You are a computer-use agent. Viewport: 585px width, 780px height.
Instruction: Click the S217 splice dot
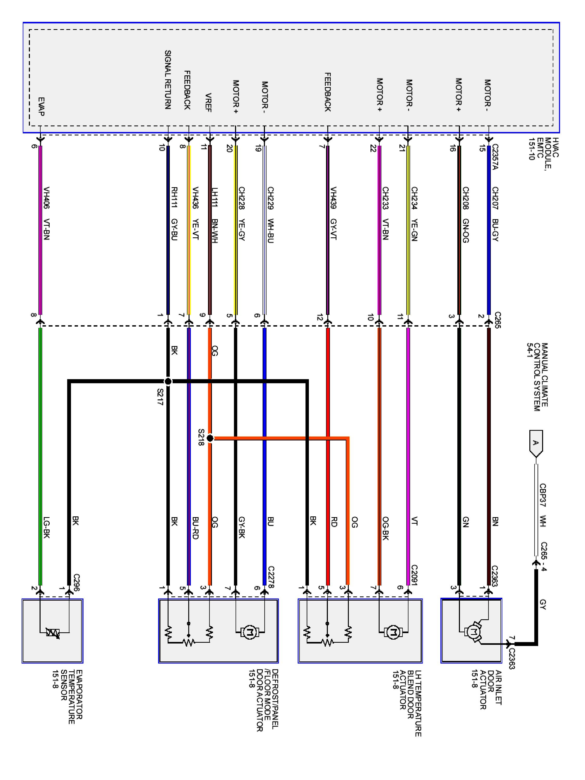click(x=168, y=381)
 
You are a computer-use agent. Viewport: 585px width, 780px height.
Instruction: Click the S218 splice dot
click(x=210, y=438)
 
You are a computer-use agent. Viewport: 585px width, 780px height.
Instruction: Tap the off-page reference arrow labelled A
click(x=536, y=443)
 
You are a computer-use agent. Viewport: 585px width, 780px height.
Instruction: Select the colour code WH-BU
click(x=270, y=231)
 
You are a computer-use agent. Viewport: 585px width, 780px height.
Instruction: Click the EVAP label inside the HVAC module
click(x=41, y=107)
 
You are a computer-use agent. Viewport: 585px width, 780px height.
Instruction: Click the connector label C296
click(x=76, y=582)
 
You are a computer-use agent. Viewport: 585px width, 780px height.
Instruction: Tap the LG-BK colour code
click(x=46, y=528)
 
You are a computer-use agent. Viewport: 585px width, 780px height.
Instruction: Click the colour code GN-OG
click(x=465, y=231)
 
